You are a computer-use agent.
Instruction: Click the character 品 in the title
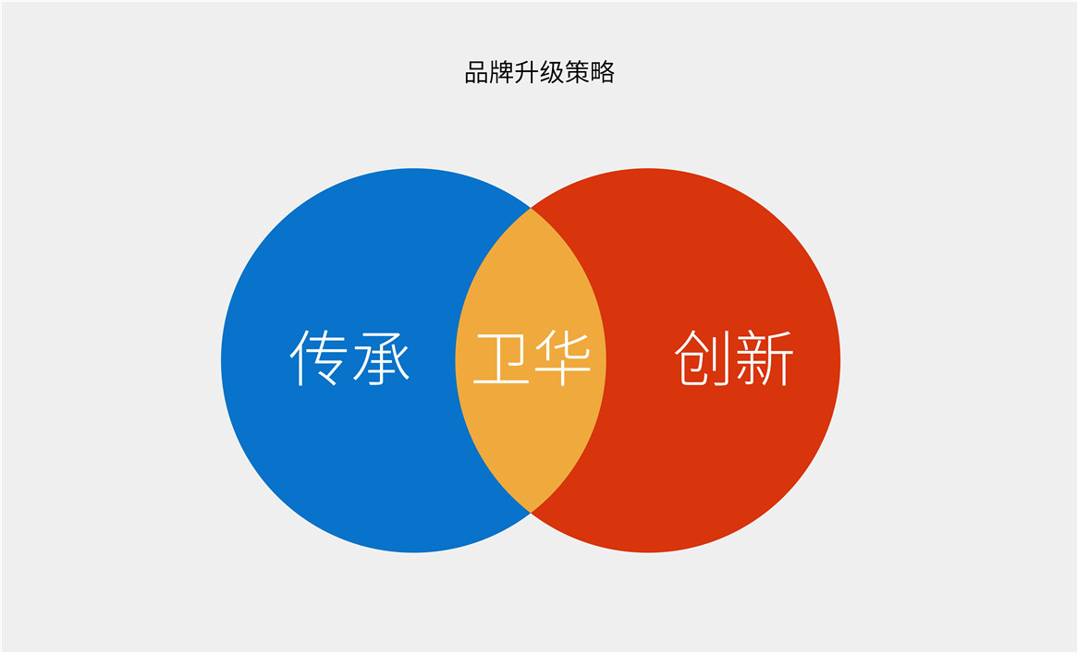coord(477,73)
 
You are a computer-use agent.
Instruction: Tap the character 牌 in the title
coord(502,73)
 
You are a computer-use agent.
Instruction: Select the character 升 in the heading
coord(527,73)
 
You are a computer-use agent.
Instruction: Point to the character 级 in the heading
coord(552,73)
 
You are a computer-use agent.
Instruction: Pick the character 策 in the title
coord(577,73)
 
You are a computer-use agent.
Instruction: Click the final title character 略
coord(602,73)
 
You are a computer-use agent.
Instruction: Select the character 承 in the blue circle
coord(380,357)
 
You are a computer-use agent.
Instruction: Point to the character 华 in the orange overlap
coord(560,357)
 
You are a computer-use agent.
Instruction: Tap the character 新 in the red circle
coord(763,357)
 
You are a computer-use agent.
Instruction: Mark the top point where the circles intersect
coord(531,208)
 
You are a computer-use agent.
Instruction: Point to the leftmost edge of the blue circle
coord(222,360)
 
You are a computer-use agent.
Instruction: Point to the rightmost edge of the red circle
coord(839,360)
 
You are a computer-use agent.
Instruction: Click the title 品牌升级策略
coord(539,73)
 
